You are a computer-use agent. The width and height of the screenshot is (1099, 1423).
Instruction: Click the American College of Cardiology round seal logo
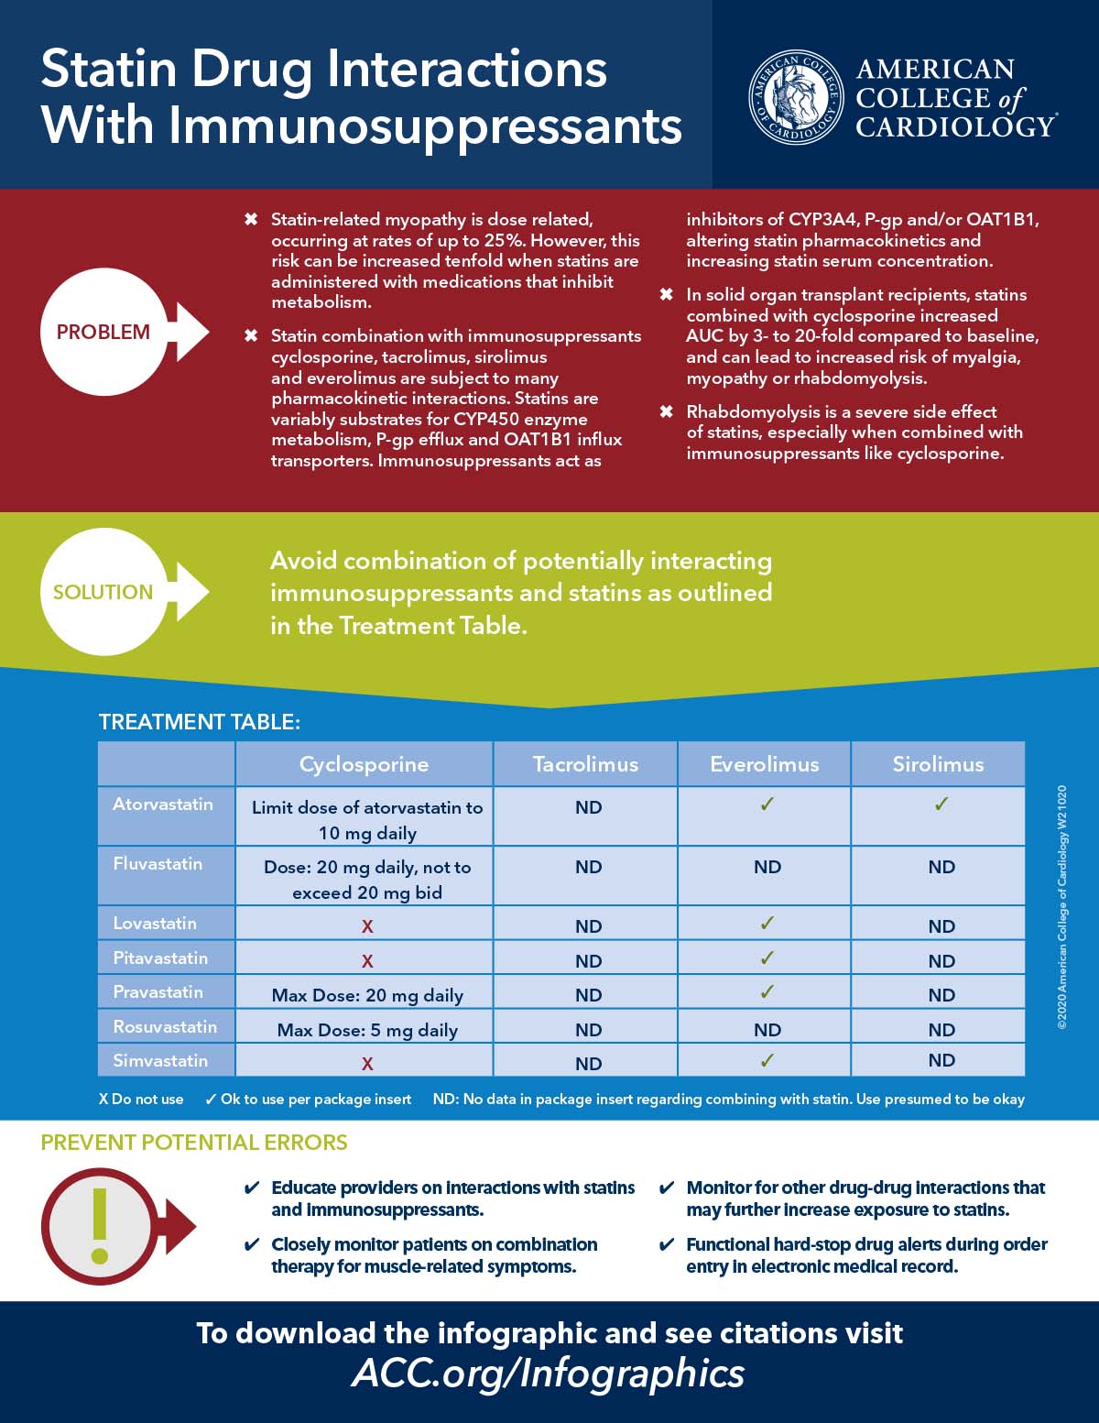[795, 97]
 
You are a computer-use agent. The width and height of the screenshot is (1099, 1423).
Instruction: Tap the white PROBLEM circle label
[103, 332]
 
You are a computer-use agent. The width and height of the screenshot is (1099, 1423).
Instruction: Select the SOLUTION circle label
[103, 592]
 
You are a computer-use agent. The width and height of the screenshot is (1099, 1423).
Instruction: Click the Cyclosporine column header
[364, 764]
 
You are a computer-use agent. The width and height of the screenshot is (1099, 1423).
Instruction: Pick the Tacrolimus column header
[585, 764]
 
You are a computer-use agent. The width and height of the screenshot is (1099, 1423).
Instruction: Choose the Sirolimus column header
[938, 764]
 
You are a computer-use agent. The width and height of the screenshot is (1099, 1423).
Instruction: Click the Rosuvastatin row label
[165, 1026]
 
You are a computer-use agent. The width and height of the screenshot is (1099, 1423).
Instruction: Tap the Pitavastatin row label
[160, 958]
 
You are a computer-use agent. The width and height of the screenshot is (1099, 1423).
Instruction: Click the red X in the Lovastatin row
[367, 926]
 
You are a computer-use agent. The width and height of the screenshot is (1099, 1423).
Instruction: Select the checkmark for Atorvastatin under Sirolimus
[941, 805]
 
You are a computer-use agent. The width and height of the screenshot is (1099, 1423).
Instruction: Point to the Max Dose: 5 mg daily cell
[367, 1030]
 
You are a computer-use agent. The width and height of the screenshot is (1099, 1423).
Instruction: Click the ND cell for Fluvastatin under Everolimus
[767, 867]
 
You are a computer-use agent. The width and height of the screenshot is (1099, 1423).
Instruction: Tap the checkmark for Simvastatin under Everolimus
[767, 1060]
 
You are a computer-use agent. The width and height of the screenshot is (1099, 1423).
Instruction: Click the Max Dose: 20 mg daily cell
[367, 995]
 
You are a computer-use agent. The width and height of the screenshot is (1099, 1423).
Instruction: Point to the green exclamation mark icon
[101, 1226]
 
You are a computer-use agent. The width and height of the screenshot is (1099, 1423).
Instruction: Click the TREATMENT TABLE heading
[199, 722]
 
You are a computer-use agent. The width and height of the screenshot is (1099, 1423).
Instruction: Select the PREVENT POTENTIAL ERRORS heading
[194, 1143]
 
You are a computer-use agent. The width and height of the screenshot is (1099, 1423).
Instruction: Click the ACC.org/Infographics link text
[548, 1373]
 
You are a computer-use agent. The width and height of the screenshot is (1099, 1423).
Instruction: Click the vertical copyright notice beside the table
[1062, 907]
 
